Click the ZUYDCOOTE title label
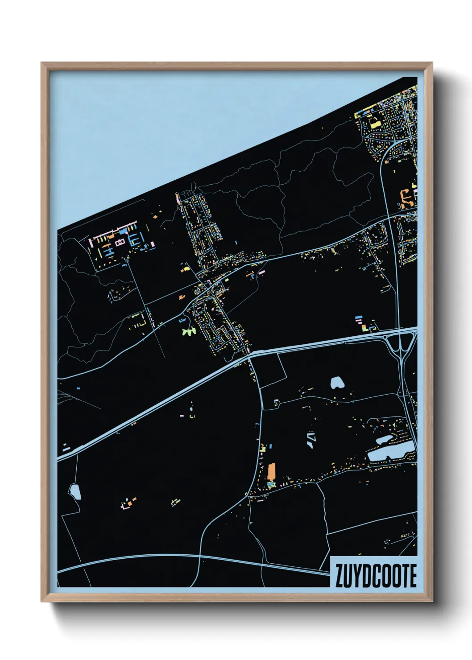[375, 576]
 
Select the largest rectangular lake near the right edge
[388, 454]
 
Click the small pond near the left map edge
[75, 492]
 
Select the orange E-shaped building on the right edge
[407, 197]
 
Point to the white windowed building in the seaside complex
[119, 242]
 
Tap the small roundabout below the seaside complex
[127, 263]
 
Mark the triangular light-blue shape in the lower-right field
[311, 439]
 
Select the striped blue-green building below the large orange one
[270, 484]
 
